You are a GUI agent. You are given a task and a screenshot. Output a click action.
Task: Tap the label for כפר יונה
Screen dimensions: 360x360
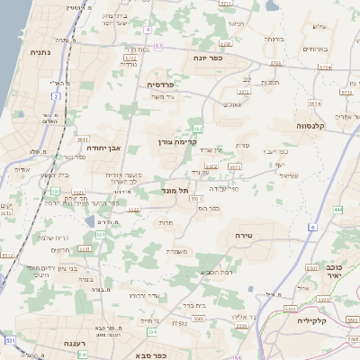pos(208,58)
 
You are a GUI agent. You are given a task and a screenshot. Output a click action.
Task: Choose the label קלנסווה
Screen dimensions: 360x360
pos(317,126)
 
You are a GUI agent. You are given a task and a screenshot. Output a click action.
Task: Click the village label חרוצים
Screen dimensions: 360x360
pos(59,249)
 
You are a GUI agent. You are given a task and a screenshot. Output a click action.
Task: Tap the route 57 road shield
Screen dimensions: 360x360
pos(158,46)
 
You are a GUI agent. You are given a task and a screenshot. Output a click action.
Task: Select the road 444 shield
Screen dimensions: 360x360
pos(338,209)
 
